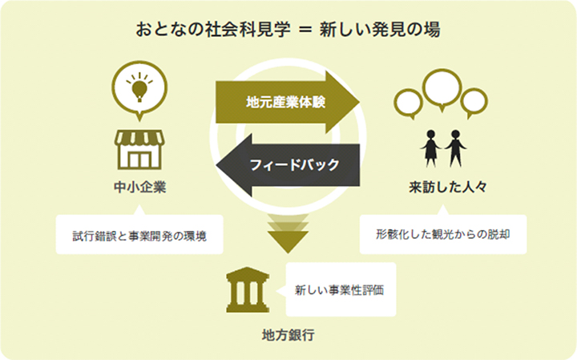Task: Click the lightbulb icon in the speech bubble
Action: click(139, 87)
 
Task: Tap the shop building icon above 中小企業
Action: click(139, 149)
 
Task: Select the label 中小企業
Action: click(139, 187)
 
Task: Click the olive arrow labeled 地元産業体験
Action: click(288, 102)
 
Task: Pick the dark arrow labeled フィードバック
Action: click(288, 164)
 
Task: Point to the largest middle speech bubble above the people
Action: click(442, 89)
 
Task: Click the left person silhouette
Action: click(430, 148)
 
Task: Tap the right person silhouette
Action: click(455, 148)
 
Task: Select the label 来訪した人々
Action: click(448, 187)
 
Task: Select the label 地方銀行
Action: click(288, 335)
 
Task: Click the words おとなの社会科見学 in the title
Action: click(213, 30)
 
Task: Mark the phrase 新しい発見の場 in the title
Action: click(380, 30)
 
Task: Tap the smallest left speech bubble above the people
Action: click(408, 103)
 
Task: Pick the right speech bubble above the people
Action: click(474, 103)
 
